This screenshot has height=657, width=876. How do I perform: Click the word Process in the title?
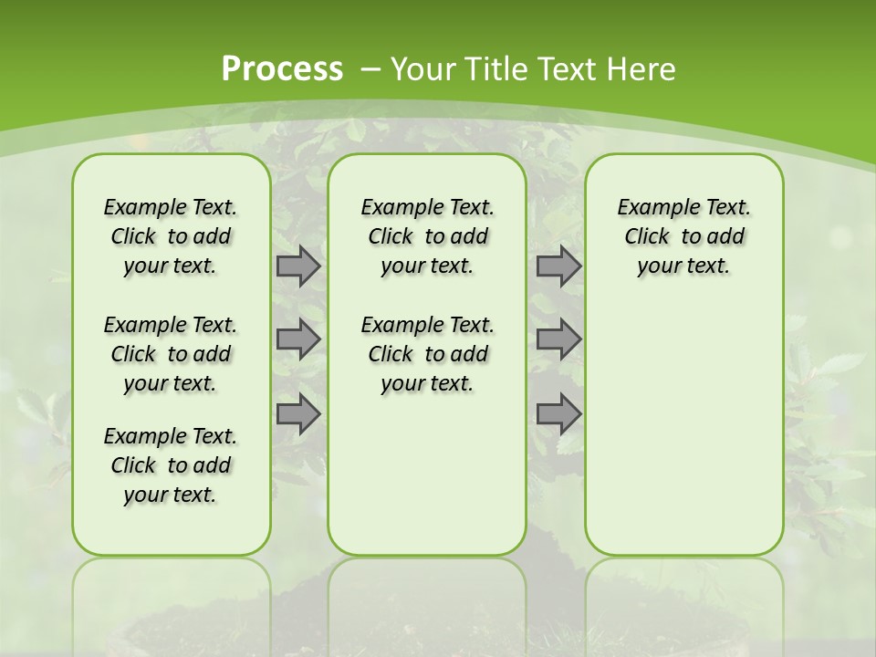(282, 68)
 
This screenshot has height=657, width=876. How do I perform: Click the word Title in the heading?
(499, 69)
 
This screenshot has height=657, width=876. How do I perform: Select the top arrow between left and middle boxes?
(298, 266)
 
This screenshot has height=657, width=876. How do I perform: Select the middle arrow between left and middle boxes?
(298, 339)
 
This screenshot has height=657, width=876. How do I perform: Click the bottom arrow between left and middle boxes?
(298, 414)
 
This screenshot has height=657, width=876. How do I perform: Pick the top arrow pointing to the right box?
(558, 266)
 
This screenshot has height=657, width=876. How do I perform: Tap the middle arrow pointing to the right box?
(558, 339)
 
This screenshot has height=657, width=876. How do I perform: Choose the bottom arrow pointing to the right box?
(558, 414)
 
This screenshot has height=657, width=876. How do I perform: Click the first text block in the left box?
(171, 236)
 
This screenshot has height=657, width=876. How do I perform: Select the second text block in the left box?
(171, 354)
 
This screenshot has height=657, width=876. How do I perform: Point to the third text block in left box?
(171, 465)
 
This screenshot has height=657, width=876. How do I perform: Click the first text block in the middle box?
(428, 236)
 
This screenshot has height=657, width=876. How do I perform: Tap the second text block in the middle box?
(428, 354)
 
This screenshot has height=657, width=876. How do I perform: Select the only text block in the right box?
(684, 236)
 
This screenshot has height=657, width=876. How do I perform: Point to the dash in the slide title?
(370, 69)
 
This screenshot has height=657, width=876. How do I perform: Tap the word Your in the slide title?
(424, 69)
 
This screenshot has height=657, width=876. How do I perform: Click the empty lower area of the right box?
(684, 429)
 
